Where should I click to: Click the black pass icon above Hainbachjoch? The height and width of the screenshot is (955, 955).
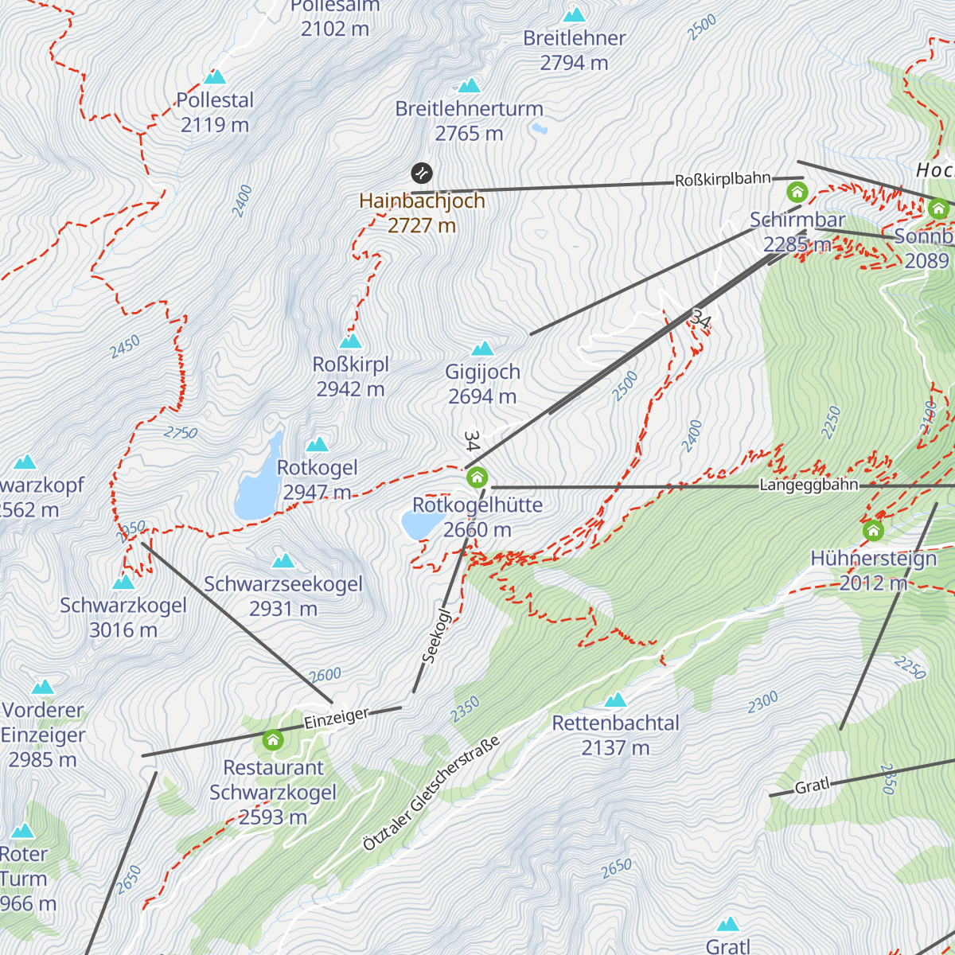tap(422, 173)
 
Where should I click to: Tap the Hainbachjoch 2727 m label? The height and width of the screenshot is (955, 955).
tap(422, 213)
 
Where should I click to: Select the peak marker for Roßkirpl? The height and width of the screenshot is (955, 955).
tap(351, 341)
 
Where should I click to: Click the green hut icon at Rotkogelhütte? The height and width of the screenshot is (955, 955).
tap(477, 477)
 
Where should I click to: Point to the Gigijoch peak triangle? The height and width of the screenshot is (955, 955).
tap(482, 349)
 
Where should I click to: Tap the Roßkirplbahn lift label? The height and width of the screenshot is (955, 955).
tap(723, 180)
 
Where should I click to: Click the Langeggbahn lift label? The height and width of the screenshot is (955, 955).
tap(809, 485)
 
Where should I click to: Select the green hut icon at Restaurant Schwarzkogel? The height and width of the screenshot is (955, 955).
tap(273, 740)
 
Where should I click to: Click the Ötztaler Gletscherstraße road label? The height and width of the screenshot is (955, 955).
tap(431, 793)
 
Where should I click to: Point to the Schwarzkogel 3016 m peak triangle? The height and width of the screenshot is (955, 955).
tap(123, 582)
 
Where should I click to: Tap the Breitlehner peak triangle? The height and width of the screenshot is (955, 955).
tap(574, 14)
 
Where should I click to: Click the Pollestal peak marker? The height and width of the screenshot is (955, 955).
tap(215, 77)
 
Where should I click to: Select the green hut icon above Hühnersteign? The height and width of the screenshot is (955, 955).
tap(873, 531)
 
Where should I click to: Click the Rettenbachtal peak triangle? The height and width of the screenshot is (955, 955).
tap(615, 700)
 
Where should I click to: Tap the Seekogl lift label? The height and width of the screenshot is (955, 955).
tap(436, 637)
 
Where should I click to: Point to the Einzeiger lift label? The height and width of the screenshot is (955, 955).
tap(336, 718)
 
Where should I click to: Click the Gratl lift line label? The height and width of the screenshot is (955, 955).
tap(812, 786)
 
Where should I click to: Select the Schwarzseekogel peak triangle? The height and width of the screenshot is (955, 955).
tap(283, 561)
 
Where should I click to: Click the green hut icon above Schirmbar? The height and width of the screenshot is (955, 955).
tap(797, 192)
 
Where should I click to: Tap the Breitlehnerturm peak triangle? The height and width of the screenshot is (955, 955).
tap(470, 85)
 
